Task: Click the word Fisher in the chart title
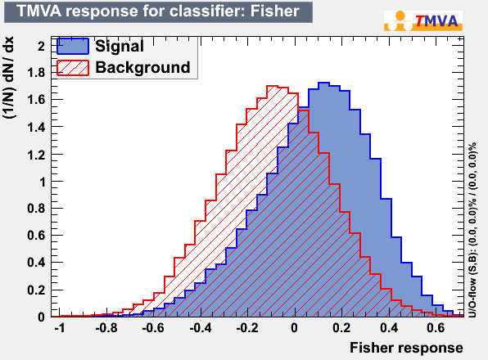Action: [274, 11]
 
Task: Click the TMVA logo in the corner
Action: [423, 20]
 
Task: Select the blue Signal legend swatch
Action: [73, 47]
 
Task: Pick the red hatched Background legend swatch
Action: [73, 68]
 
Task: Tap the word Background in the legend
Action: [142, 67]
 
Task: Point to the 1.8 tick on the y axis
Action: [36, 73]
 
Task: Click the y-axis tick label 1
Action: [42, 182]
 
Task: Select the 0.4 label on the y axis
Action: [36, 263]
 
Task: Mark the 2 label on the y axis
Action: [42, 46]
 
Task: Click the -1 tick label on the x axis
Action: [59, 327]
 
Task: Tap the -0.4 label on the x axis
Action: [200, 327]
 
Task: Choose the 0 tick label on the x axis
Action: [294, 327]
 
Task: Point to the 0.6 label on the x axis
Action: [436, 327]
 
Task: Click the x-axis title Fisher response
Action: [406, 348]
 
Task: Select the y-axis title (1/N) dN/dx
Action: [8, 77]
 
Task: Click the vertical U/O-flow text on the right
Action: [472, 230]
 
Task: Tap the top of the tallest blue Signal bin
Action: [323, 83]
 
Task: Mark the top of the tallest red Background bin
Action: [273, 86]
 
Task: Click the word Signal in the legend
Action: [120, 47]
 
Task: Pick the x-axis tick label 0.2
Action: [341, 327]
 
